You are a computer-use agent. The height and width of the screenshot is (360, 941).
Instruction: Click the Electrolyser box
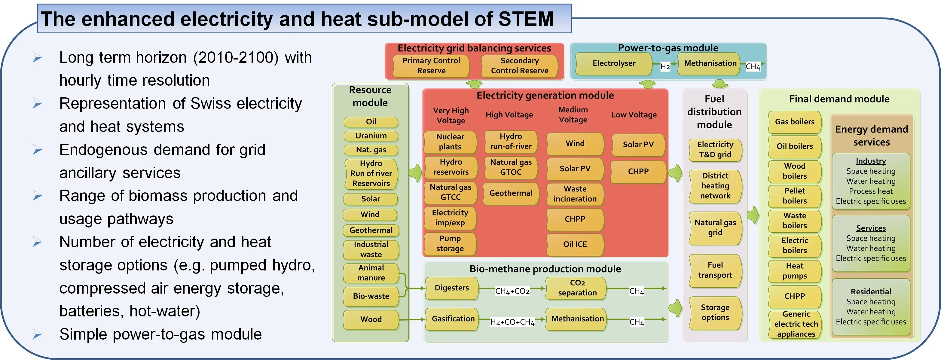pos(614,63)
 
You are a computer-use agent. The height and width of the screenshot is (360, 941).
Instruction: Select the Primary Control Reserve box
pos(431,66)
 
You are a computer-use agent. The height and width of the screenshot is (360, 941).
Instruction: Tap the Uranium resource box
pos(371,136)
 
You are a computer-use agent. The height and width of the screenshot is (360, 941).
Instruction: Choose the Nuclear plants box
pos(450,142)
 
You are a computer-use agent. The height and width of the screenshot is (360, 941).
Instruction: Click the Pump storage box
pos(450,243)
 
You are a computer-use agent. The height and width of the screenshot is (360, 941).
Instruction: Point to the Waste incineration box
pos(575,194)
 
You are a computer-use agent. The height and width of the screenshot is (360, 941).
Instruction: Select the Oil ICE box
pos(575,244)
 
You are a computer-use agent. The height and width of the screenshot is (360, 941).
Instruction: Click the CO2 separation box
pos(577,288)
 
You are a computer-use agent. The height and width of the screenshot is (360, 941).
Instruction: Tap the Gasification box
pos(453,319)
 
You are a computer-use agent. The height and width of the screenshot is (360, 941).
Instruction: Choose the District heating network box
pos(715,186)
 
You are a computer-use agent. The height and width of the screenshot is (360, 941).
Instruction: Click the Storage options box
pos(715,313)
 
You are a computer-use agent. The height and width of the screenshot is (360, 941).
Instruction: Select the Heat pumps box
pos(795,271)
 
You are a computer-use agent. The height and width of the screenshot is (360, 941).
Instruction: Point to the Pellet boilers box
pos(795,196)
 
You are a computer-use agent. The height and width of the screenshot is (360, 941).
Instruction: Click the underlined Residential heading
pos(871,292)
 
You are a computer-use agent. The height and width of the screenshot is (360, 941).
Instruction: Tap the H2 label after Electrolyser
pos(665,66)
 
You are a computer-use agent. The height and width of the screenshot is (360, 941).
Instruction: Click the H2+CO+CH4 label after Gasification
pos(512,322)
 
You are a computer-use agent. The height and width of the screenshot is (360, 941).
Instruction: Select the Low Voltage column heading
pos(634,115)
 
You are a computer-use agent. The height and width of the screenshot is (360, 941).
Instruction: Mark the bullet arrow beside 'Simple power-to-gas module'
pos(37,334)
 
